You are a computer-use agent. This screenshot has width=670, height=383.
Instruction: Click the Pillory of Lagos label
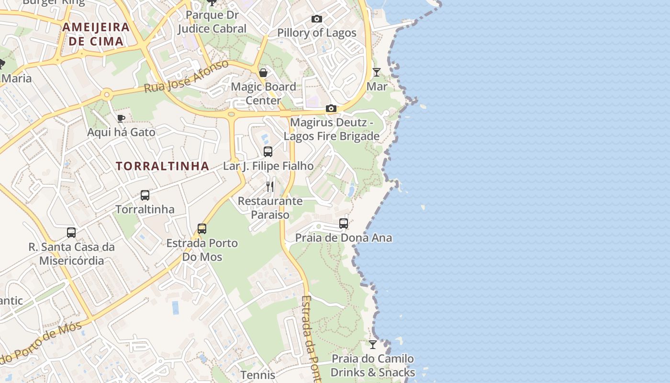point(317,33)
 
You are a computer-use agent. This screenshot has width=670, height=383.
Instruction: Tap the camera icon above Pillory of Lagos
point(317,19)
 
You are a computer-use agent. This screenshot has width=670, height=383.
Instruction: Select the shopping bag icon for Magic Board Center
point(263,73)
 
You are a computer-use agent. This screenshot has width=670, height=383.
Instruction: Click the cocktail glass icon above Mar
point(377,72)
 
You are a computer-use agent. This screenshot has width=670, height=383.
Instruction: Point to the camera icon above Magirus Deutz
point(331,109)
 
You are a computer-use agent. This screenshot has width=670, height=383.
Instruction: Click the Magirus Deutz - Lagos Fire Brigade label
point(332,129)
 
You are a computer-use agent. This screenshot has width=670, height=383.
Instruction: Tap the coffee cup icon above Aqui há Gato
point(121,118)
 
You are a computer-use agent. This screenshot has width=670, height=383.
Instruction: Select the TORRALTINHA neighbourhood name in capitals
point(162,166)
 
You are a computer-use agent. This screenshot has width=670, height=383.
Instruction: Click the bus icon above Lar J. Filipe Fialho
point(268,152)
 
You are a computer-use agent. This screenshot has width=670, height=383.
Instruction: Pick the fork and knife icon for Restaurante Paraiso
point(270,187)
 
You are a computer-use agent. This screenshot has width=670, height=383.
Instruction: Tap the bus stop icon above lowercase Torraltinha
point(145,195)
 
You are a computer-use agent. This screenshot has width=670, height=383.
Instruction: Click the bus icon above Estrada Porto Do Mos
point(202,229)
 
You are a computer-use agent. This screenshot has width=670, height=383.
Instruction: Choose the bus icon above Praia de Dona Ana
point(344,224)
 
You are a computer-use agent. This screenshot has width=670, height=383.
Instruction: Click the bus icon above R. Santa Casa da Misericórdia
point(71,233)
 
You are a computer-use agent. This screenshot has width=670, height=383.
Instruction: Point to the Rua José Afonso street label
point(187,77)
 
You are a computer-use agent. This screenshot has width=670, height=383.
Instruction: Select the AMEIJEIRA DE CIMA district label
point(96,34)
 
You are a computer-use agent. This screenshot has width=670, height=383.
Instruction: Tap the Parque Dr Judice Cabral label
point(212,22)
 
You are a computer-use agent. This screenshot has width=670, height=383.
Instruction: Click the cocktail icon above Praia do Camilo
point(373,345)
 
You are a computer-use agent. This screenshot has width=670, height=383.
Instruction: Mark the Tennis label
point(257,375)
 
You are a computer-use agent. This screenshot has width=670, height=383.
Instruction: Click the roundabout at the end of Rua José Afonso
point(107,94)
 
